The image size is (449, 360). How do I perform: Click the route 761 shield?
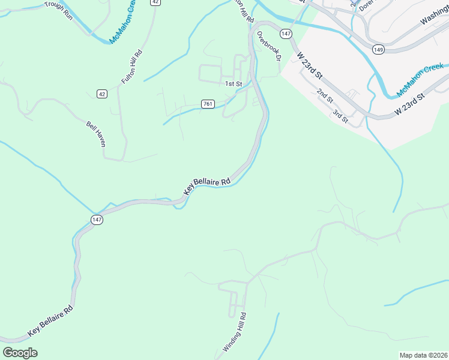tap(208, 104)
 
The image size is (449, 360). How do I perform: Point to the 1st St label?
tap(233, 84)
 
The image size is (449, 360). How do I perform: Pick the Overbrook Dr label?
tap(269, 46)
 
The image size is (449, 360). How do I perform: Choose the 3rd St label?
tap(340, 116)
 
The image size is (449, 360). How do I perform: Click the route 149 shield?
tap(378, 49)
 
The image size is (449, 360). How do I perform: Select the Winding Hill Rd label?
tap(235, 332)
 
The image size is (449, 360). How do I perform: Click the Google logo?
tap(20, 353)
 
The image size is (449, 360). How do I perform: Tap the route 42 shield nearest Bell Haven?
tap(101, 94)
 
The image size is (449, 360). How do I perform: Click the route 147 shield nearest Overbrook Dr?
tap(286, 34)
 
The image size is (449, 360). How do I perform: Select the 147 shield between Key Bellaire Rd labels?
tap(97, 220)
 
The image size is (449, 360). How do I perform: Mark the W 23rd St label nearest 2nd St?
tap(310, 65)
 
